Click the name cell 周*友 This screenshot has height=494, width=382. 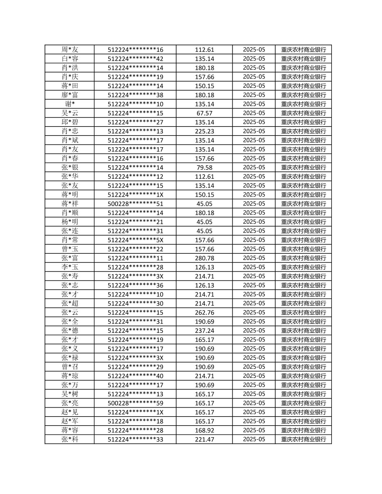pyautogui.click(x=70, y=49)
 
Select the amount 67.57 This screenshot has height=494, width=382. pyautogui.click(x=204, y=113)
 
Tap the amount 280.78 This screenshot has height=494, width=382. pyautogui.click(x=204, y=258)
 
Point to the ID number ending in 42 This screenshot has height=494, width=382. pyautogui.click(x=135, y=59)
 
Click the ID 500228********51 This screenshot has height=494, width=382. pyautogui.click(x=135, y=204)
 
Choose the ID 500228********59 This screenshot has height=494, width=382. pyautogui.click(x=135, y=403)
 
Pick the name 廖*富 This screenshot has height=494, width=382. pyautogui.click(x=70, y=95)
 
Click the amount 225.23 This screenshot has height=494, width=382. pyautogui.click(x=204, y=131)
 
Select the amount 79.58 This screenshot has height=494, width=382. pyautogui.click(x=204, y=167)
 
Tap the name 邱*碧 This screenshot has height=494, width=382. pyautogui.click(x=70, y=122)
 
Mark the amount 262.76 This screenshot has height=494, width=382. pyautogui.click(x=204, y=313)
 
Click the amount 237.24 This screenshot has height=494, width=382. pyautogui.click(x=204, y=330)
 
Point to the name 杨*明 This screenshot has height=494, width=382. pyautogui.click(x=70, y=222)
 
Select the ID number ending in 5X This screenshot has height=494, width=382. pyautogui.click(x=135, y=240)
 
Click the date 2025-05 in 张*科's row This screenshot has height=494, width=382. pyautogui.click(x=254, y=439)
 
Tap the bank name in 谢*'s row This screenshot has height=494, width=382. pyautogui.click(x=304, y=104)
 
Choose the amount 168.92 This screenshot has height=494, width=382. pyautogui.click(x=204, y=430)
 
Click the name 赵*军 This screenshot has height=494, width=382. pyautogui.click(x=70, y=421)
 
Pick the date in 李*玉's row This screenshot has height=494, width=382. pyautogui.click(x=254, y=267)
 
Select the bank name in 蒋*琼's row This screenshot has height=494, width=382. pyautogui.click(x=304, y=376)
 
